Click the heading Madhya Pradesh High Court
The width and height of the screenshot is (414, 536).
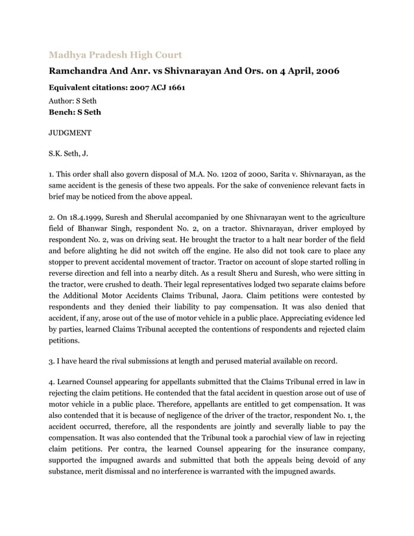point(116,55)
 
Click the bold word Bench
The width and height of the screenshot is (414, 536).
point(62,112)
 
